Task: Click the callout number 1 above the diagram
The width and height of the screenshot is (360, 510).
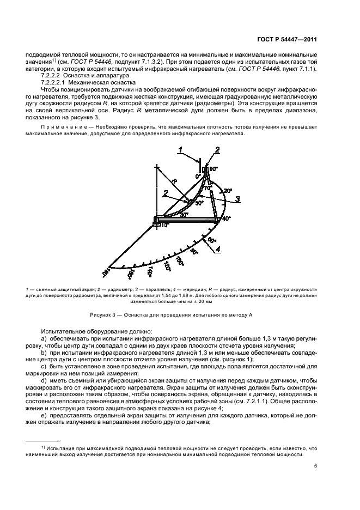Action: coord(184,149)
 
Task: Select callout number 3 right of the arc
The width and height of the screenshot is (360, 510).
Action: coord(237,200)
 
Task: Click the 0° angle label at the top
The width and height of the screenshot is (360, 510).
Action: coord(199,176)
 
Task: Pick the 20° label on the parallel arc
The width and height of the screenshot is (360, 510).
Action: coord(228,191)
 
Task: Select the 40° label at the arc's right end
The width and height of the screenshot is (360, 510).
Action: coord(227,218)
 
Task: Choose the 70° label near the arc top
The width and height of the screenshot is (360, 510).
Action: coord(208,187)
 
